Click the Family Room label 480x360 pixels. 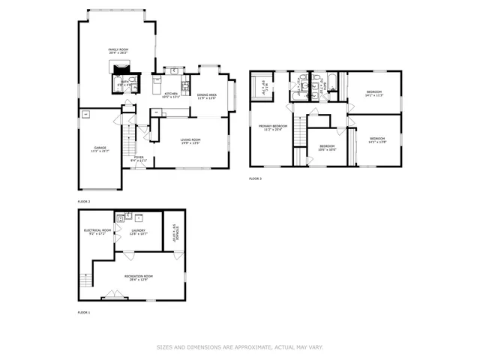pyautogui.click(x=118, y=52)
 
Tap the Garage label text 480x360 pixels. pyautogui.click(x=100, y=149)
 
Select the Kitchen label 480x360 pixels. pyautogui.click(x=171, y=94)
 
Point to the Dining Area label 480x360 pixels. pyautogui.click(x=207, y=96)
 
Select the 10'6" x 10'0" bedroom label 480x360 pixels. pyautogui.click(x=327, y=148)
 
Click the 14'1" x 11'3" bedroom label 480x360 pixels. pyautogui.click(x=373, y=94)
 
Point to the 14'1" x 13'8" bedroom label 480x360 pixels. pyautogui.click(x=376, y=140)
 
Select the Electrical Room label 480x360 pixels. pyautogui.click(x=97, y=232)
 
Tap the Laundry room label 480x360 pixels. pyautogui.click(x=138, y=232)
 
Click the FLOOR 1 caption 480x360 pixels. pyautogui.click(x=84, y=312)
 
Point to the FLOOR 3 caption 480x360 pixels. pyautogui.click(x=256, y=178)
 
